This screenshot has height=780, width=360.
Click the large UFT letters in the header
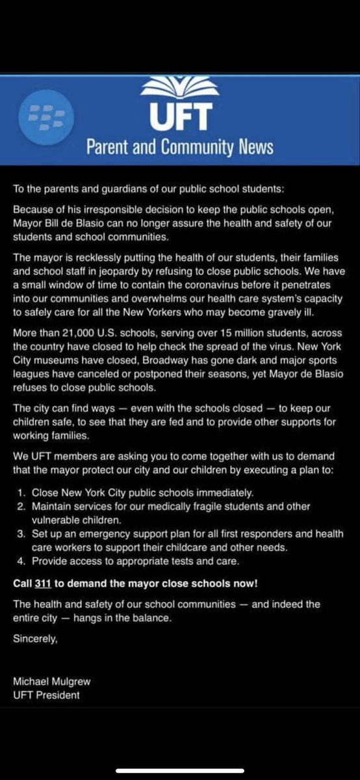[180, 117]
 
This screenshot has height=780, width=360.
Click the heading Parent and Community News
[180, 147]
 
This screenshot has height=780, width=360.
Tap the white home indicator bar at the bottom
[180, 771]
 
